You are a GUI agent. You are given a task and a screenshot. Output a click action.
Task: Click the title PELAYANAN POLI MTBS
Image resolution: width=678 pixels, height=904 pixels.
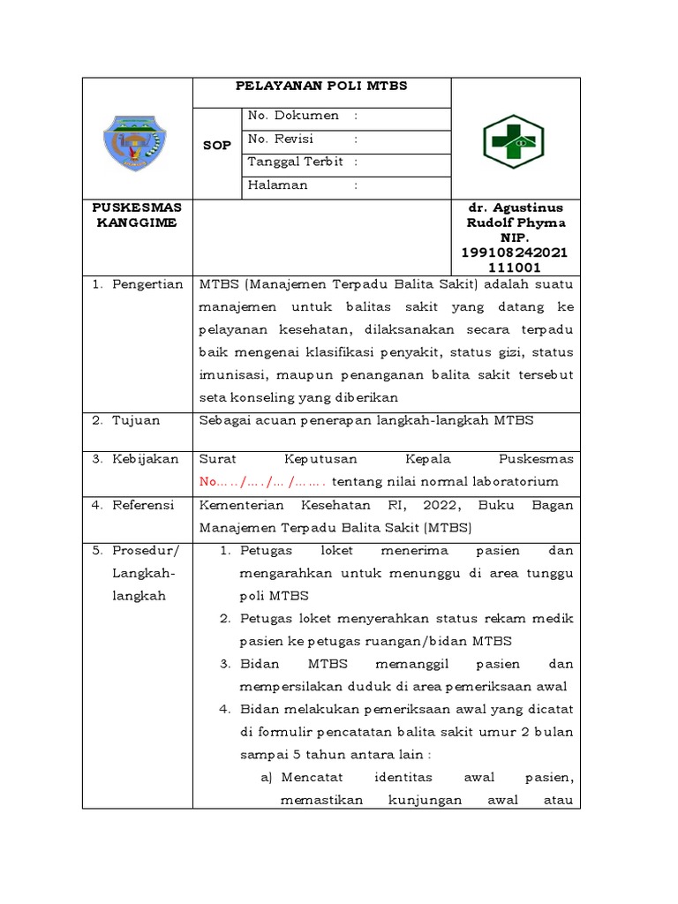(x=321, y=87)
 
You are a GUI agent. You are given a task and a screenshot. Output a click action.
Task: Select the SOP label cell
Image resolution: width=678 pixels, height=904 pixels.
(x=216, y=146)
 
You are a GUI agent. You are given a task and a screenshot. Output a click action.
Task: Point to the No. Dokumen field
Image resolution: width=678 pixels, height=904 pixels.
(x=294, y=116)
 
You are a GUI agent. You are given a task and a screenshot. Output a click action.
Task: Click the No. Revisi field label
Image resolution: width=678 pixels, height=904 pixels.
(x=281, y=139)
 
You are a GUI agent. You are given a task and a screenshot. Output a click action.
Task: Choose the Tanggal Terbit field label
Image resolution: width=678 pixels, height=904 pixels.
(x=296, y=162)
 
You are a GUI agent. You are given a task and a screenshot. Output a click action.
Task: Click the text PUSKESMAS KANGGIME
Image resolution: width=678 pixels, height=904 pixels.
(x=136, y=215)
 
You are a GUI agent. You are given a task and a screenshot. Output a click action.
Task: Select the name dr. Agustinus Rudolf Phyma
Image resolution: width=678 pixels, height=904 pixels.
(x=516, y=215)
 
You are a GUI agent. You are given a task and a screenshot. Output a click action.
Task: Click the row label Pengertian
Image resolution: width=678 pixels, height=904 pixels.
(x=147, y=284)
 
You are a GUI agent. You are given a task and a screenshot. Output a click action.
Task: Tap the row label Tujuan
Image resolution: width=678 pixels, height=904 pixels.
(x=136, y=420)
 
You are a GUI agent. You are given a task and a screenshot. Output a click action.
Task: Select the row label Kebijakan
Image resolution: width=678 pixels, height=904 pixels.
(x=145, y=459)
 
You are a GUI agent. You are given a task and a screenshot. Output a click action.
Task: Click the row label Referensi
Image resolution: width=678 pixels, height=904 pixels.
(x=145, y=505)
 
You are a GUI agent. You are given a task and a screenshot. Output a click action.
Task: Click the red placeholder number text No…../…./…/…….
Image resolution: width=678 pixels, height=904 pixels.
(x=263, y=482)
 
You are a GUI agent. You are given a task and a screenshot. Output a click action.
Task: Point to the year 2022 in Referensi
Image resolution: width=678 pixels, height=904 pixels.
(x=427, y=505)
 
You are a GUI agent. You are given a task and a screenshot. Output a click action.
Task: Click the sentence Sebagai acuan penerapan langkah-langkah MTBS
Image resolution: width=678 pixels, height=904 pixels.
(x=366, y=420)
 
